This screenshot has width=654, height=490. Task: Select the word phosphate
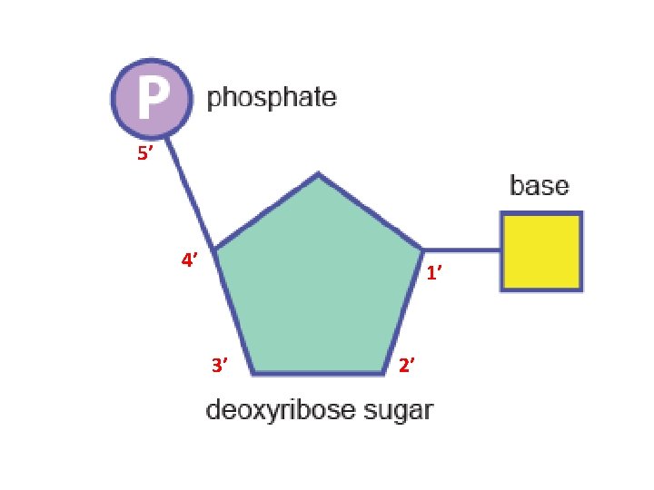click(272, 97)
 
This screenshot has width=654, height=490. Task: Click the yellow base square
click(541, 251)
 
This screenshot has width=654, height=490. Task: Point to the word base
click(540, 187)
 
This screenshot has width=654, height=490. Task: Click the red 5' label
click(145, 155)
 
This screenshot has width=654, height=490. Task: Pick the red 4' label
click(189, 261)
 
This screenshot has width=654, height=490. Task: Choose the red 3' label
click(219, 366)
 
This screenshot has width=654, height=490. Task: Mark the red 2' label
click(408, 366)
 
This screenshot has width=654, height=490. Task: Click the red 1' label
click(436, 272)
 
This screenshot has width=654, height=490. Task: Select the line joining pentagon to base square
click(462, 249)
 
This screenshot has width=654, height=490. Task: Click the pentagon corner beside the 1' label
click(422, 248)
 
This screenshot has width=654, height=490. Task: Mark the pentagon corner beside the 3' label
click(253, 372)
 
